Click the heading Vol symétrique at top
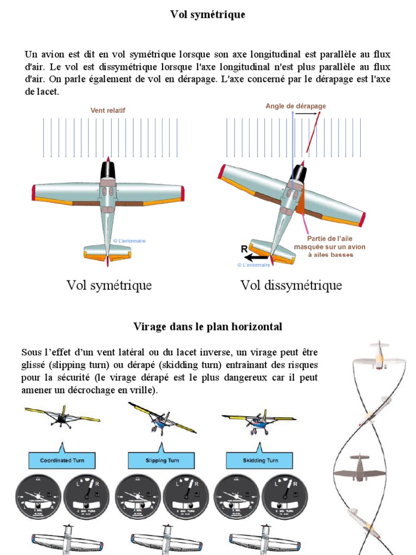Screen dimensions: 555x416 tap(207, 15)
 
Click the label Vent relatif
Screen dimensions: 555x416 tap(108, 110)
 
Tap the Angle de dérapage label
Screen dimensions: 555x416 tap(295, 106)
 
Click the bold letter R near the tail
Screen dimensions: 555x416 tap(244, 249)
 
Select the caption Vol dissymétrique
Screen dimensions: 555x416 tap(291, 285)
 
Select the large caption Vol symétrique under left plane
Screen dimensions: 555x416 tap(109, 285)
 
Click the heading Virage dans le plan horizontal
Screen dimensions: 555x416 tap(207, 327)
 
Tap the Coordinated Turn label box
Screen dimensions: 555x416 tap(62, 460)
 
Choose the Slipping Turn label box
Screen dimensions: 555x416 tap(162, 460)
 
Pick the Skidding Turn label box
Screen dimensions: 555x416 tap(260, 460)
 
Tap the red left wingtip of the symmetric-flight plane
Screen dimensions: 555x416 tap(34, 192)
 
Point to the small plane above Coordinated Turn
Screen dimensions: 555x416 tap(62, 416)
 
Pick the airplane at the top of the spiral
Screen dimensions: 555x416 tap(378, 356)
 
